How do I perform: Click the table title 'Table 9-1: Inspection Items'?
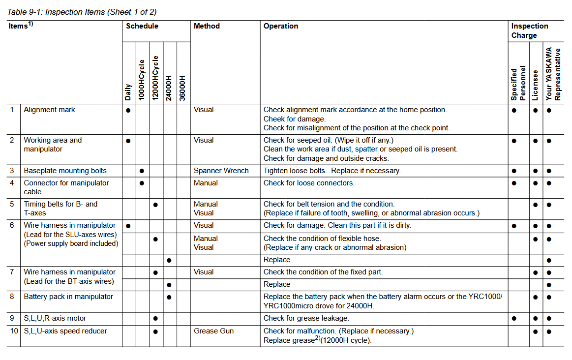click(x=82, y=12)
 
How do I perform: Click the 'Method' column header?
click(x=207, y=26)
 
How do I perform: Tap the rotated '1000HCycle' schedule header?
click(x=142, y=80)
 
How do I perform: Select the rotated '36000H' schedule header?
click(x=182, y=88)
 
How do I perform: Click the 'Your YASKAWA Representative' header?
click(x=553, y=74)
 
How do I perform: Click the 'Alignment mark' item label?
click(x=49, y=110)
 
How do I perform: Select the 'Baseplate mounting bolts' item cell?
click(x=65, y=171)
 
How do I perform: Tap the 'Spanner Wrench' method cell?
click(x=221, y=171)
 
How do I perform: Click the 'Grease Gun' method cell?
click(x=213, y=331)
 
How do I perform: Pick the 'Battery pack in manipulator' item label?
click(x=68, y=297)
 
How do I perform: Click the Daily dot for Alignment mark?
click(x=128, y=111)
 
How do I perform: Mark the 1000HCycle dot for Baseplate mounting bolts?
click(x=142, y=171)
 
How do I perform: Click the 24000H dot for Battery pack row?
click(x=169, y=297)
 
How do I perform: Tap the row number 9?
click(x=12, y=318)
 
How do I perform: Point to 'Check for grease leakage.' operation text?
click(x=306, y=318)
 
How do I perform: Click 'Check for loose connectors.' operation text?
click(x=309, y=183)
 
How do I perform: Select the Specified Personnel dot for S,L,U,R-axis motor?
click(x=514, y=319)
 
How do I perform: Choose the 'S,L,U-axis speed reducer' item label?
click(x=65, y=331)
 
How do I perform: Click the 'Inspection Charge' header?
click(x=530, y=30)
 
